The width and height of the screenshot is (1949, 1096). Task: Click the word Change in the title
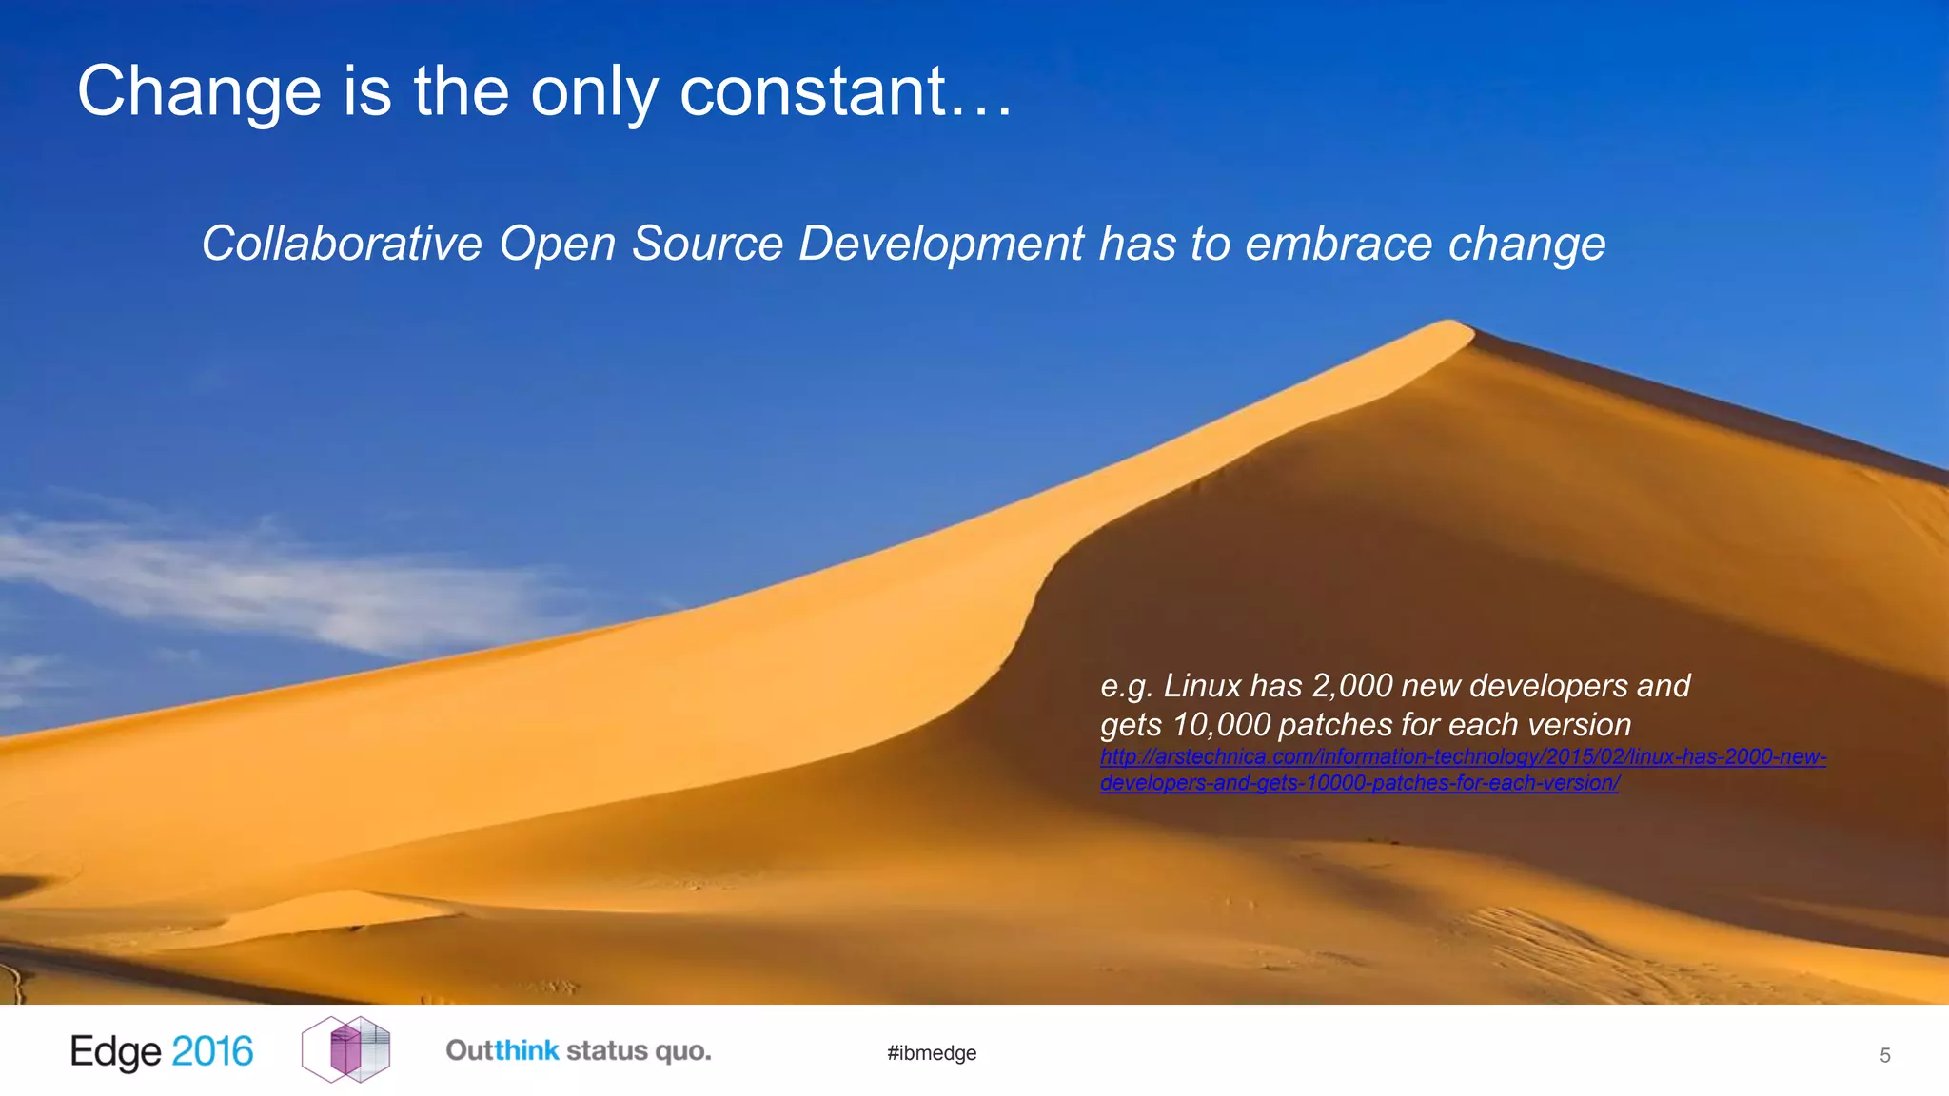pyautogui.click(x=200, y=92)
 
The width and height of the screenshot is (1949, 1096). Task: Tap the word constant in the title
pyautogui.click(x=813, y=92)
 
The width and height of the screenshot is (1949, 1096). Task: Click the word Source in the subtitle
pyautogui.click(x=707, y=244)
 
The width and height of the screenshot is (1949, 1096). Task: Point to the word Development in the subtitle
pyautogui.click(x=940, y=244)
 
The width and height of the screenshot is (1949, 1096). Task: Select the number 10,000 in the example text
pyautogui.click(x=1222, y=725)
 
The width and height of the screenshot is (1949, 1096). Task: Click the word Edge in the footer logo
pyautogui.click(x=116, y=1052)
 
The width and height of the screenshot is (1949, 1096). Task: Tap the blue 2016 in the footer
pyautogui.click(x=212, y=1052)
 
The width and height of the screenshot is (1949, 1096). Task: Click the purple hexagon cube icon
pyautogui.click(x=345, y=1049)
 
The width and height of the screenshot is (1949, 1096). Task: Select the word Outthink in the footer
pyautogui.click(x=502, y=1051)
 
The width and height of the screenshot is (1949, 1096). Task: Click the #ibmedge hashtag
pyautogui.click(x=932, y=1053)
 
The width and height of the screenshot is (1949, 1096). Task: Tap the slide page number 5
pyautogui.click(x=1884, y=1055)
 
